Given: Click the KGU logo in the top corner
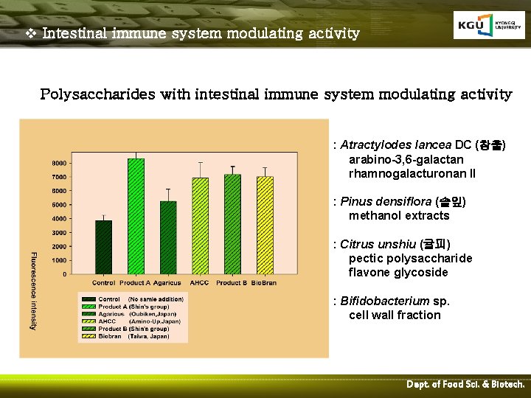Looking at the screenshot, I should tap(484, 26).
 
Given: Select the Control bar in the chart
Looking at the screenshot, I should tap(104, 248).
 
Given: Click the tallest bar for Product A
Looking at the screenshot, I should tap(136, 217).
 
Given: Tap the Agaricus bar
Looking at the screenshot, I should tap(169, 237).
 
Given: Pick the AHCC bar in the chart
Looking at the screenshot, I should tap(200, 226).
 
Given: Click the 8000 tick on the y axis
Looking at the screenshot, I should tap(58, 163).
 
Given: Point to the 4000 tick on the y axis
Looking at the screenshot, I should tap(58, 219).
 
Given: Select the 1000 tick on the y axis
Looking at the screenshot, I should tap(58, 260).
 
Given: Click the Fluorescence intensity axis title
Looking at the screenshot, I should tap(33, 290).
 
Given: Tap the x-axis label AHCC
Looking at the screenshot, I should tap(199, 283).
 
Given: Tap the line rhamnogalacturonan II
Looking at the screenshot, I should tap(412, 173).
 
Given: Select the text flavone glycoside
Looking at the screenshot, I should tap(398, 272).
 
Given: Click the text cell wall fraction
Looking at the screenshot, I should tap(395, 315).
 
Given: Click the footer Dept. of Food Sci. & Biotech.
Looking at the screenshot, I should tap(465, 385).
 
